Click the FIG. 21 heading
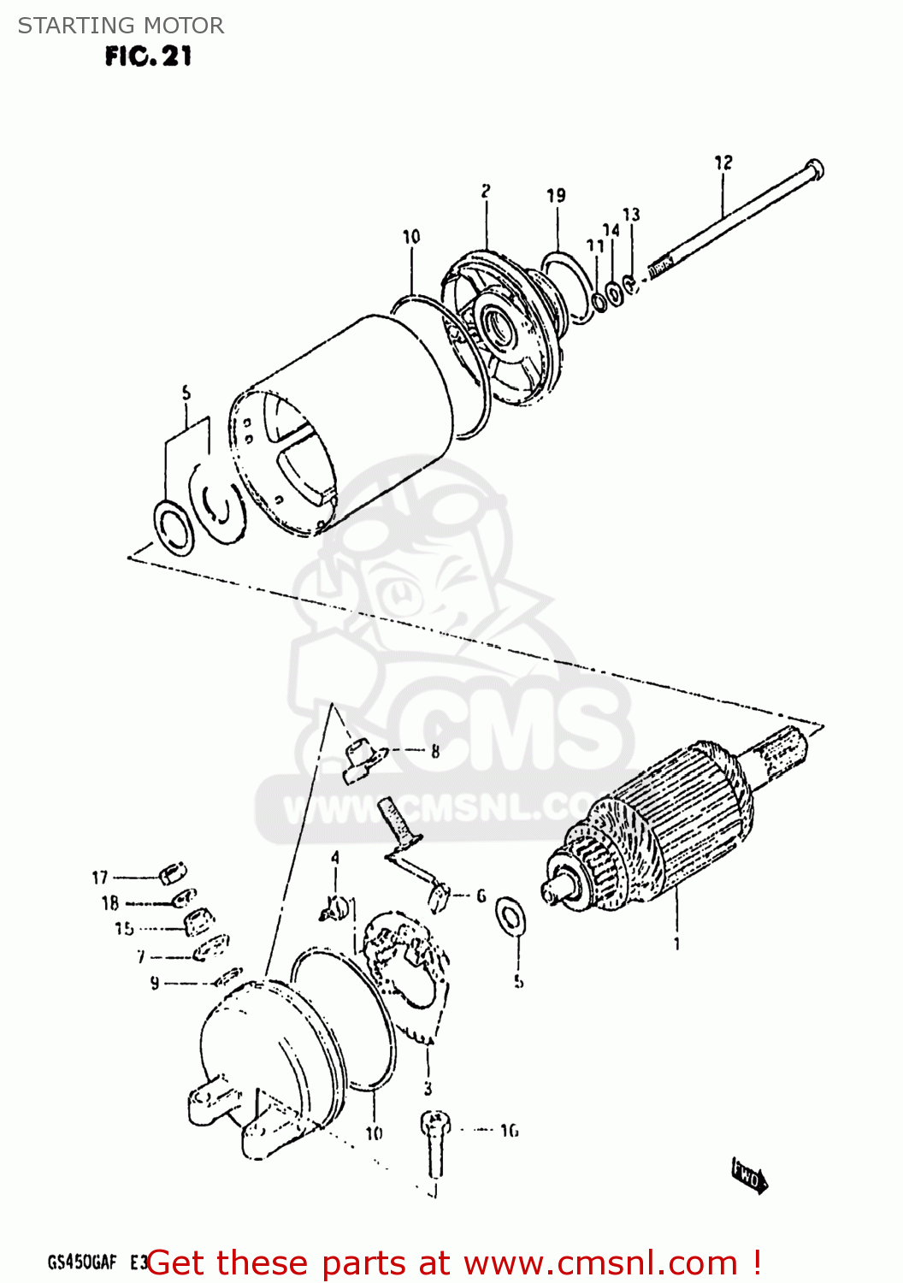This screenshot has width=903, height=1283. click(x=148, y=56)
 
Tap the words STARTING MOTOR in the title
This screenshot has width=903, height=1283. click(x=121, y=26)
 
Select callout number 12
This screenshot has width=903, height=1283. click(x=723, y=163)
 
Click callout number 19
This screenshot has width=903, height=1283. click(x=556, y=196)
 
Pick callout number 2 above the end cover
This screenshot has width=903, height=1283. click(x=485, y=191)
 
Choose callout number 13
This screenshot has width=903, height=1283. click(x=631, y=215)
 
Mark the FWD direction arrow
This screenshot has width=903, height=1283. click(x=749, y=1177)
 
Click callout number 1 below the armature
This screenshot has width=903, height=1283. click(x=676, y=944)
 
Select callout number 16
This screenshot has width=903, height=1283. click(x=509, y=1131)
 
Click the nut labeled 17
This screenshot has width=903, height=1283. click(x=170, y=875)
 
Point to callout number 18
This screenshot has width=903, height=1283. click(x=110, y=903)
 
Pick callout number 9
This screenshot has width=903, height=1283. click(x=154, y=983)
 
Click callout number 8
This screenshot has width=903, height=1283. click(x=435, y=752)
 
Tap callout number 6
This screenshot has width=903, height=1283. click(x=481, y=896)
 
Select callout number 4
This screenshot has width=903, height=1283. click(x=335, y=857)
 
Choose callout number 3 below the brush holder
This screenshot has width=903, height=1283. click(x=428, y=1089)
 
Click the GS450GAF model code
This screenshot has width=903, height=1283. click(x=82, y=1262)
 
